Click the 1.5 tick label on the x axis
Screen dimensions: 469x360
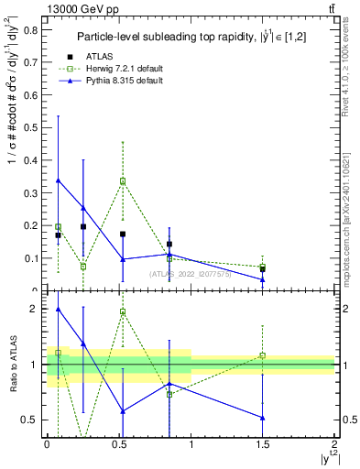[262, 442]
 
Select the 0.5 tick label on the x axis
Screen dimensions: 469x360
[118, 442]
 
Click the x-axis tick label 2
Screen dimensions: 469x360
[334, 442]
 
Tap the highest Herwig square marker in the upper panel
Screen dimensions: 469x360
[122, 181]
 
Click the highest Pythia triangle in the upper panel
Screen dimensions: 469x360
[59, 180]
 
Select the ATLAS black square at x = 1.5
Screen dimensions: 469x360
[263, 269]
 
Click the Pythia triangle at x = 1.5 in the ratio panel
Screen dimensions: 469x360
[263, 418]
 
